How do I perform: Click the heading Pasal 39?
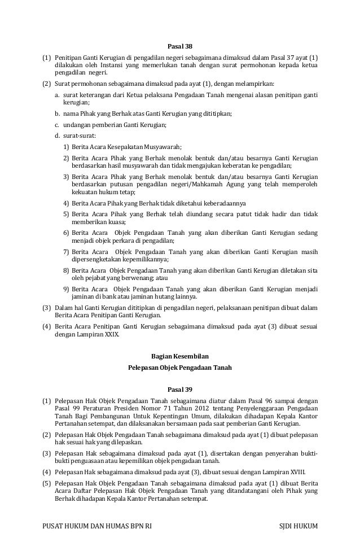[180, 389]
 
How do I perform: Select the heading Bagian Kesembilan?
[180, 356]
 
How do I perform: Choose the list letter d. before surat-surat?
[58, 136]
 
